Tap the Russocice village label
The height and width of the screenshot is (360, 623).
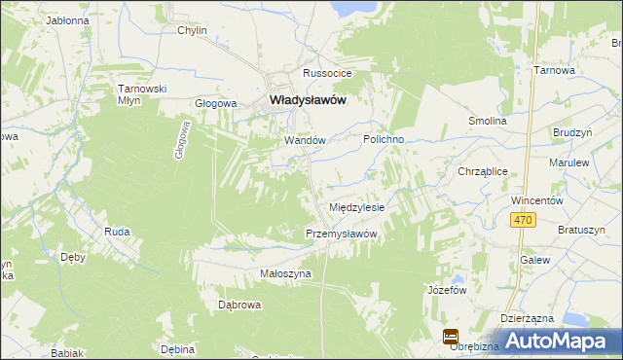(326, 74)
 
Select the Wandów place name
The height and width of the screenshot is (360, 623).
(304, 140)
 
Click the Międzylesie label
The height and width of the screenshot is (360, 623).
(358, 207)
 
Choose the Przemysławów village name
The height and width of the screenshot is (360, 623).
(341, 234)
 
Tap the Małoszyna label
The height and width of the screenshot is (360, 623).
(285, 274)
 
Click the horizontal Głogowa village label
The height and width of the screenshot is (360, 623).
(216, 103)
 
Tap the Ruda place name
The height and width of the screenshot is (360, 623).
(117, 232)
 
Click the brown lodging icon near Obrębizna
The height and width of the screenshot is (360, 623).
(451, 337)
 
